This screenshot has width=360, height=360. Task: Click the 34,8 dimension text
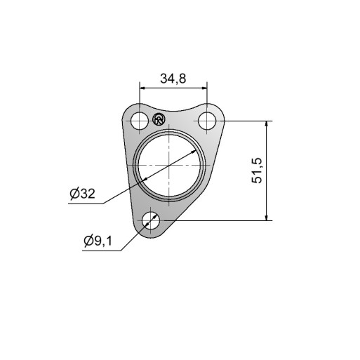pyautogui.click(x=173, y=79)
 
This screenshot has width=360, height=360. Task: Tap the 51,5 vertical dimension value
pyautogui.click(x=257, y=171)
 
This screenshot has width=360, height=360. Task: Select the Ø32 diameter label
pyautogui.click(x=83, y=194)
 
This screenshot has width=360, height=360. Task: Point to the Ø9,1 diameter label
pyautogui.click(x=98, y=241)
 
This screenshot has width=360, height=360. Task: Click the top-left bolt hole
pyautogui.click(x=140, y=121)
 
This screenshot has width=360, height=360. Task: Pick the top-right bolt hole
pyautogui.click(x=207, y=121)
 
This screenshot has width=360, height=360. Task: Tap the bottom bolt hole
pyautogui.click(x=151, y=220)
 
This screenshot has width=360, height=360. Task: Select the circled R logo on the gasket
pyautogui.click(x=159, y=119)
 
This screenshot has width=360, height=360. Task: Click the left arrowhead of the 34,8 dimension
pyautogui.click(x=142, y=88)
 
